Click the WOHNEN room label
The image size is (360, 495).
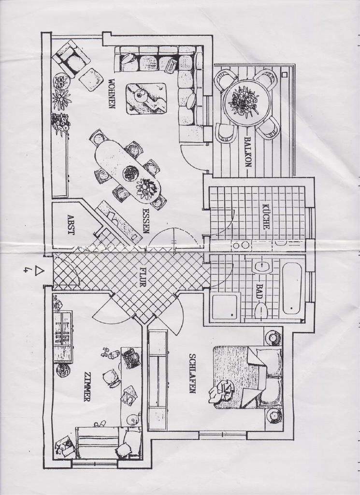tap(112, 94)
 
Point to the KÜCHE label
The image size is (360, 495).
tap(265, 216)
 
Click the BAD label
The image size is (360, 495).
tap(264, 289)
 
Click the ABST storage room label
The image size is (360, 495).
tap(71, 224)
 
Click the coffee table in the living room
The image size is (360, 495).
tap(146, 98)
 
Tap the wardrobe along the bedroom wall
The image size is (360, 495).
tap(157, 379)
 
